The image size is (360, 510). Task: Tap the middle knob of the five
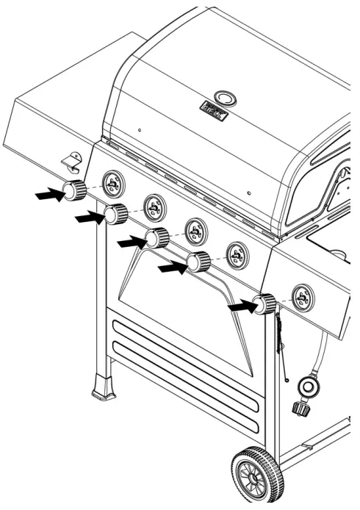[157, 237]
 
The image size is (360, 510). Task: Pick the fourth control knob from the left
[198, 261]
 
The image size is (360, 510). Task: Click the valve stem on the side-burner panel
[301, 298]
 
